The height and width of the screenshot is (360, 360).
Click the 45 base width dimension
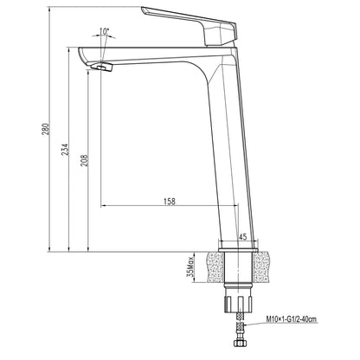242,236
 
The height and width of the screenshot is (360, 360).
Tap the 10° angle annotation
106,32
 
